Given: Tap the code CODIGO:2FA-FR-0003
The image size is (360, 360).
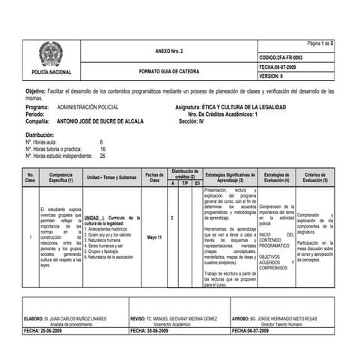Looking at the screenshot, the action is coord(281,57).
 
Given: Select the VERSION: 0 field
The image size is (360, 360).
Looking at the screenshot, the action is coord(270,76).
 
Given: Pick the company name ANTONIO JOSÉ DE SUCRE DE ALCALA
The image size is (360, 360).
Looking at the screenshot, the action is coord(102,120).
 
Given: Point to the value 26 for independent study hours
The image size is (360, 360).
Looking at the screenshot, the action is coord(103,156).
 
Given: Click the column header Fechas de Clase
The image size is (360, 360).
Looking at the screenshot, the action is coord(155,178).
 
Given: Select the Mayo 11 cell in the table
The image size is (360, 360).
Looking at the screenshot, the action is coord(155,237).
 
